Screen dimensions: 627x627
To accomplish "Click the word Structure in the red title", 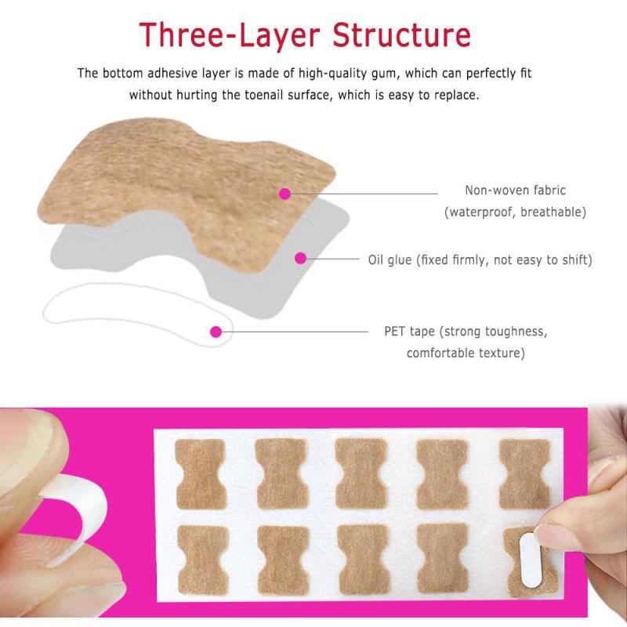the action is click(401, 34).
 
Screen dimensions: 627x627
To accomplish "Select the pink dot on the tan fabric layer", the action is click(285, 194).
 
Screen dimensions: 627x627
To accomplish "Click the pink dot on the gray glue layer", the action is click(300, 259).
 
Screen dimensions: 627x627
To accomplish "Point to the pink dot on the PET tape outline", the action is click(216, 332).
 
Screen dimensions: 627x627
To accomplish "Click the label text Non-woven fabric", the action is click(515, 190).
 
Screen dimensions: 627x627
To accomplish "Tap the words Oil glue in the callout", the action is click(390, 260).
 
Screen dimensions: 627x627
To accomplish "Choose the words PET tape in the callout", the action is click(409, 332).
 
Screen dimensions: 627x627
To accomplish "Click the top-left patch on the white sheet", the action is click(201, 474).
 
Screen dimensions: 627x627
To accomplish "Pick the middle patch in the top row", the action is click(361, 473).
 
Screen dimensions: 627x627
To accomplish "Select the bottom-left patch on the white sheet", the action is click(203, 560).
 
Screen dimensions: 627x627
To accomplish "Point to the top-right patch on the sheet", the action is click(524, 474).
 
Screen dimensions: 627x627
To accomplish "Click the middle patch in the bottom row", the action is click(364, 559).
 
